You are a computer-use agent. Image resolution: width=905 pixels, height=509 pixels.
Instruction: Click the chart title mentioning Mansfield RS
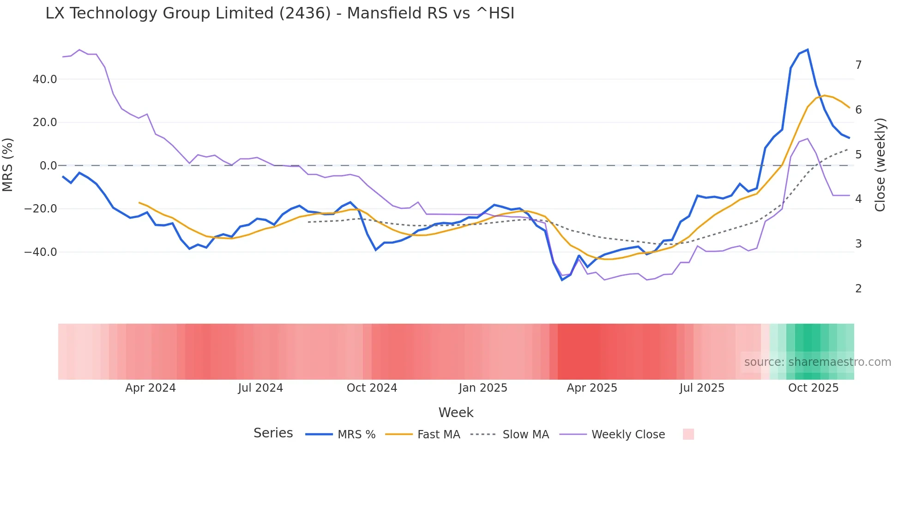click(280, 13)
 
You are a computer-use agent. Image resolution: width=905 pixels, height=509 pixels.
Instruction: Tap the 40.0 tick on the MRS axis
click(45, 79)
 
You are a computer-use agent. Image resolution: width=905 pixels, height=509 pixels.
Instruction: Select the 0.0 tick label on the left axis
click(48, 166)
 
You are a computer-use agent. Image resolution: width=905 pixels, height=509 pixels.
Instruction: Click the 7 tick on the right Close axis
click(858, 65)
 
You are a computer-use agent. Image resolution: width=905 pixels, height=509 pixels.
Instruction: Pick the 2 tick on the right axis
click(858, 289)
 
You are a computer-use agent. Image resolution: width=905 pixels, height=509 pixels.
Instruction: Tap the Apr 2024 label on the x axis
click(151, 388)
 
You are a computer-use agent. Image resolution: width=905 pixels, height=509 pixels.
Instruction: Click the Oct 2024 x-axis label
click(372, 388)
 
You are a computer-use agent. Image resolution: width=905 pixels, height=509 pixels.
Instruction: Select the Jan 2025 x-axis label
click(483, 388)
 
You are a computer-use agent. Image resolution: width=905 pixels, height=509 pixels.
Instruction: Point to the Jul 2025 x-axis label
click(702, 388)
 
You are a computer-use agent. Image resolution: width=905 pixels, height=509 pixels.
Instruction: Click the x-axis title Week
click(456, 412)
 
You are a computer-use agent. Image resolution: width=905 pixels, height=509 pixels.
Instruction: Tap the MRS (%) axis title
click(8, 165)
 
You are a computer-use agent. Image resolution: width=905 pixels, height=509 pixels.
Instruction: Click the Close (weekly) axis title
click(880, 165)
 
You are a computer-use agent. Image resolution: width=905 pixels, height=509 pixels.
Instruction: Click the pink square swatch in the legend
click(688, 434)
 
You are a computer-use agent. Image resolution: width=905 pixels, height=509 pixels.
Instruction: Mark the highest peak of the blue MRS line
click(807, 49)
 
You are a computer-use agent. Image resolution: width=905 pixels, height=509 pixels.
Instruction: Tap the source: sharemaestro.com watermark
click(817, 362)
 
